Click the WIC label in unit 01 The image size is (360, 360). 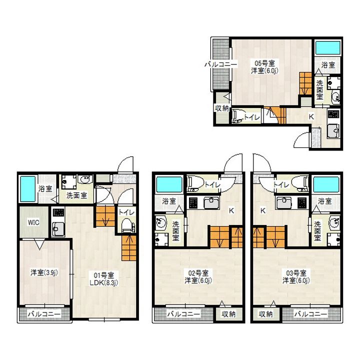(33, 222)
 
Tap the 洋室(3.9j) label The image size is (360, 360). (44, 272)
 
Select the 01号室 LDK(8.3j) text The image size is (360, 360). (104, 278)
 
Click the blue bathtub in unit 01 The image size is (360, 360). (28, 189)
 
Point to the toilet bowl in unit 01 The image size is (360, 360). (126, 224)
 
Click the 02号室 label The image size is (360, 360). (198, 273)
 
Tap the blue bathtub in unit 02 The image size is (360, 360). (169, 184)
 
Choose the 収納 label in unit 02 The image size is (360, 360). (228, 314)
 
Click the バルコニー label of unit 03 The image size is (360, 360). (310, 314)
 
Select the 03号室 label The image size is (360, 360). (296, 273)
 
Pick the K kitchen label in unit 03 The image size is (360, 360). (263, 210)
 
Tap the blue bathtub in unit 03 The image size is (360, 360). (326, 184)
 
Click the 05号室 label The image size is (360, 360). (264, 63)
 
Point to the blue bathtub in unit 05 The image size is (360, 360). (327, 48)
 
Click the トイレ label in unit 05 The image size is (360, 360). (252, 117)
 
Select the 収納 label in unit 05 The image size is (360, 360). (222, 108)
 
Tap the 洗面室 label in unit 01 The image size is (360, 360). (76, 195)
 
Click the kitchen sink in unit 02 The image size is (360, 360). (211, 203)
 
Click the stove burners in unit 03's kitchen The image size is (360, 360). (302, 203)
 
